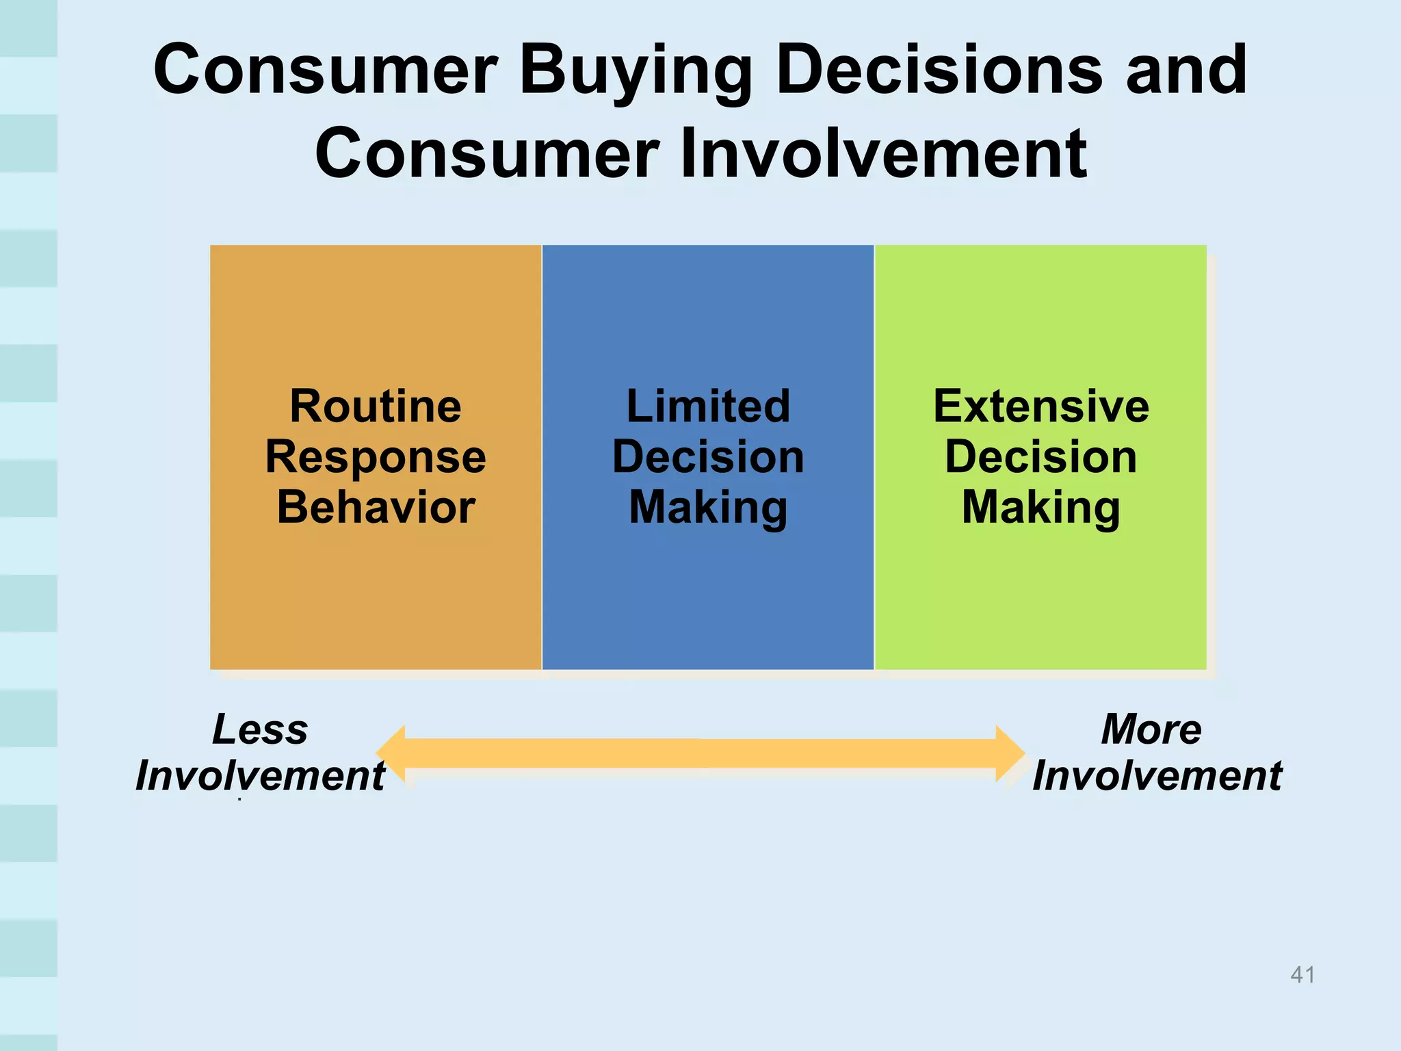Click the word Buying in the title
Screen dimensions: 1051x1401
tap(636, 71)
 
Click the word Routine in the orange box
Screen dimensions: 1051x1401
tap(376, 406)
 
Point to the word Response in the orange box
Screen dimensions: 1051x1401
tap(376, 457)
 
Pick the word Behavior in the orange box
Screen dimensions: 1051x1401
tap(376, 508)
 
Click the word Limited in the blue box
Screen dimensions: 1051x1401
tap(708, 406)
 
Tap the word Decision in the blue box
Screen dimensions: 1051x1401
tap(708, 457)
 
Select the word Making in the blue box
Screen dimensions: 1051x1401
tap(708, 508)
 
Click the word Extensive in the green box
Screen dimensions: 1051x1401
tap(1040, 406)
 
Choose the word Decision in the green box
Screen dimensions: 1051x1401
tap(1040, 457)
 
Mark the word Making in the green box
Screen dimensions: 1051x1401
tap(1040, 508)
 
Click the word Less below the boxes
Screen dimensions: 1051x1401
tap(260, 729)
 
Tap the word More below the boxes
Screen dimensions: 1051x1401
tap(1151, 729)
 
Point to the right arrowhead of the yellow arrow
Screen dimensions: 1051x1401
tap(1010, 753)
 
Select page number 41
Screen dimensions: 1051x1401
tap(1302, 974)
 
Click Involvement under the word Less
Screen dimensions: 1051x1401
tap(260, 776)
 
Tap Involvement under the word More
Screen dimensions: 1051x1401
tap(1157, 776)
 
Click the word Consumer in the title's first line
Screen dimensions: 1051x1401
tap(325, 70)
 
